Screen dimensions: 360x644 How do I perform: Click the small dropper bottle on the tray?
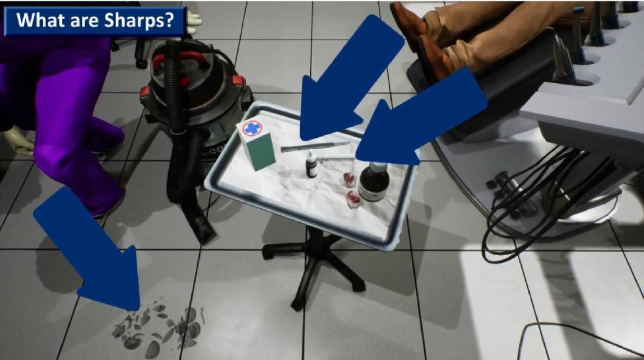310,165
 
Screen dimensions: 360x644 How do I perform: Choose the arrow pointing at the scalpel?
350,73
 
